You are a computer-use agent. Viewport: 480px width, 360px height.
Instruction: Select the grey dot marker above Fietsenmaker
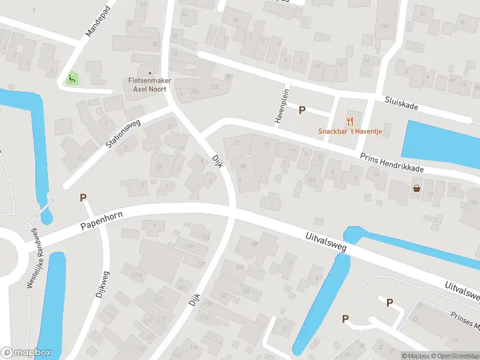coord(150,73)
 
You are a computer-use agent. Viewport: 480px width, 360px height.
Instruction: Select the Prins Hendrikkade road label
coord(392,163)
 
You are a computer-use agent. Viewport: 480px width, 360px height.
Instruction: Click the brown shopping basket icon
coord(416,189)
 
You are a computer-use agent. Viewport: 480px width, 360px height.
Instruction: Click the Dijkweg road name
coord(101,284)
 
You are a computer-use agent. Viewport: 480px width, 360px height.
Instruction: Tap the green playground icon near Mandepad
coord(71,77)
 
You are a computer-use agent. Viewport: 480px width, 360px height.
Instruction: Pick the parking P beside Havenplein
coord(302,110)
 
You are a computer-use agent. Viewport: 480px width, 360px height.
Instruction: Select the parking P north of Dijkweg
coord(83,197)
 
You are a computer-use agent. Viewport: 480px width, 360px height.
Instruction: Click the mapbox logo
coord(26,353)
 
